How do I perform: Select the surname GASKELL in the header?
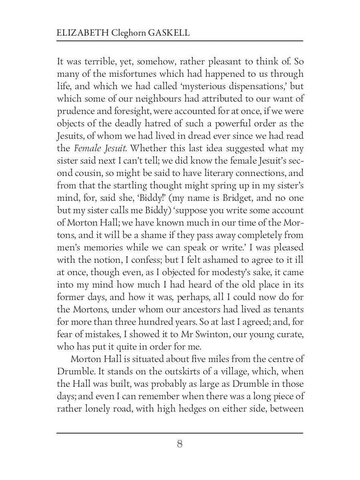coord(168,32)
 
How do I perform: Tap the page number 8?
coord(180,444)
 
